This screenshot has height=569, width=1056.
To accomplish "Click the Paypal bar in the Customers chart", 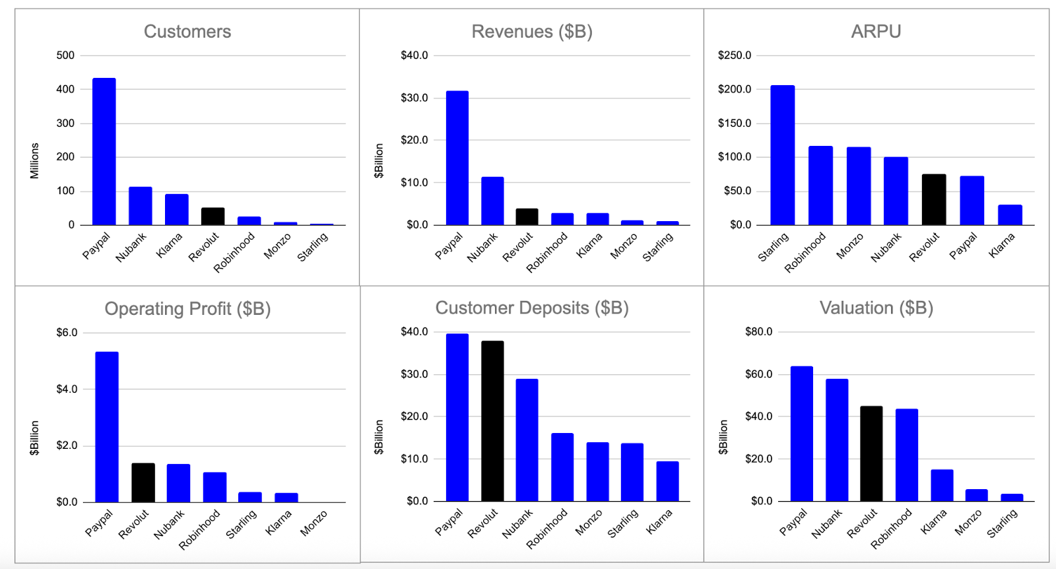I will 104,152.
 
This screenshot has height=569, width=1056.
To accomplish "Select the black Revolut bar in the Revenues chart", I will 527,217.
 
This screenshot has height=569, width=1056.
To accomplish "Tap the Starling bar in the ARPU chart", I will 782,155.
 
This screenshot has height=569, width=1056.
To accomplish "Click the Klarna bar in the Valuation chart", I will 942,485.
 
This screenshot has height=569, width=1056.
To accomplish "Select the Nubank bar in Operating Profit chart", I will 178,483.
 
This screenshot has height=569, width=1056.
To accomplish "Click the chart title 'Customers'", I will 187,32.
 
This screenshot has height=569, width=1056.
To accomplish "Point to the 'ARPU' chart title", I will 876,32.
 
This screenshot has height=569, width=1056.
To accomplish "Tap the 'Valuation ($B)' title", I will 876,308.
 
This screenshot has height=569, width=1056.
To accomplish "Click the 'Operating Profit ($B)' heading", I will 187,309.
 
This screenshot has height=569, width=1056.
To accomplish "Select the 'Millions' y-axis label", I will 34,160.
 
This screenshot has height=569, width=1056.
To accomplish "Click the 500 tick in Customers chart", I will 65,55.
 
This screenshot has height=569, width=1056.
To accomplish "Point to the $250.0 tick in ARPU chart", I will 735,55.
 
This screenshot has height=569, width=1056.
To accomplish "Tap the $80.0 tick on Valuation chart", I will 758,331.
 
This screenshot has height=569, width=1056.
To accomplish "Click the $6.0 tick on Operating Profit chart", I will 67,332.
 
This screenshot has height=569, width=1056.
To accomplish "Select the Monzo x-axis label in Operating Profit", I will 313,523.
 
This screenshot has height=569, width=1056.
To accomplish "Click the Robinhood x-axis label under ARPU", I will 805,251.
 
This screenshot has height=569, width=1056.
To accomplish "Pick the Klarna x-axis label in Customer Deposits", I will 659,521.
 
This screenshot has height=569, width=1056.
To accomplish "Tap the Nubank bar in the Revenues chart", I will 492,201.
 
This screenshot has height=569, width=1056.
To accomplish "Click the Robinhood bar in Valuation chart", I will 906,455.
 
